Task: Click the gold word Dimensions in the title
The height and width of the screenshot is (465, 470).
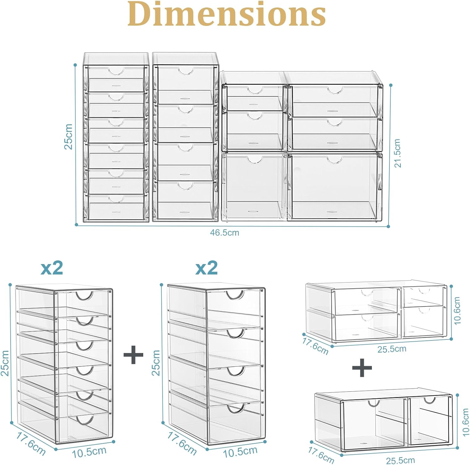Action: pos(227,14)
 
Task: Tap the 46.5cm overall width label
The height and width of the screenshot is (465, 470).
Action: pos(224,233)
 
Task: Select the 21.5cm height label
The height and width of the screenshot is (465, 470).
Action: pos(397,153)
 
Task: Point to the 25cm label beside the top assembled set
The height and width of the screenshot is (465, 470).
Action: pos(69,137)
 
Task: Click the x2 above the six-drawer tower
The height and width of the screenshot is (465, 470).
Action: pos(52,268)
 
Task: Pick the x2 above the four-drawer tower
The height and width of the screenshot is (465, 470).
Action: pos(206,268)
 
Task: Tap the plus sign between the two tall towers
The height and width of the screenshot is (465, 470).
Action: pos(133,354)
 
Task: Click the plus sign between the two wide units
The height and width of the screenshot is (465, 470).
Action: pos(362,367)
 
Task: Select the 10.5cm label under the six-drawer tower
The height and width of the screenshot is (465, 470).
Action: pos(89,452)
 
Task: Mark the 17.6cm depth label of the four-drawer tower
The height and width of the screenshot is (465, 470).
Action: pos(182,443)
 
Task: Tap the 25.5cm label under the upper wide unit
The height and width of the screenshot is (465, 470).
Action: pos(392,349)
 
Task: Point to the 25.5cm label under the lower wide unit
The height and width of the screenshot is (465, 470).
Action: pos(400,460)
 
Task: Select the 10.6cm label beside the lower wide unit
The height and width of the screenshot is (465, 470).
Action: pos(465,422)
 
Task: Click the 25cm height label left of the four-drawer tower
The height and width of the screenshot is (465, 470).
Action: pos(156,363)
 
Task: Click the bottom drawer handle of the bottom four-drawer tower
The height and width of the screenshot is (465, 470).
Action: pos(236,408)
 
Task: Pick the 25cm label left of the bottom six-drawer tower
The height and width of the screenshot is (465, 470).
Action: pos(5,363)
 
